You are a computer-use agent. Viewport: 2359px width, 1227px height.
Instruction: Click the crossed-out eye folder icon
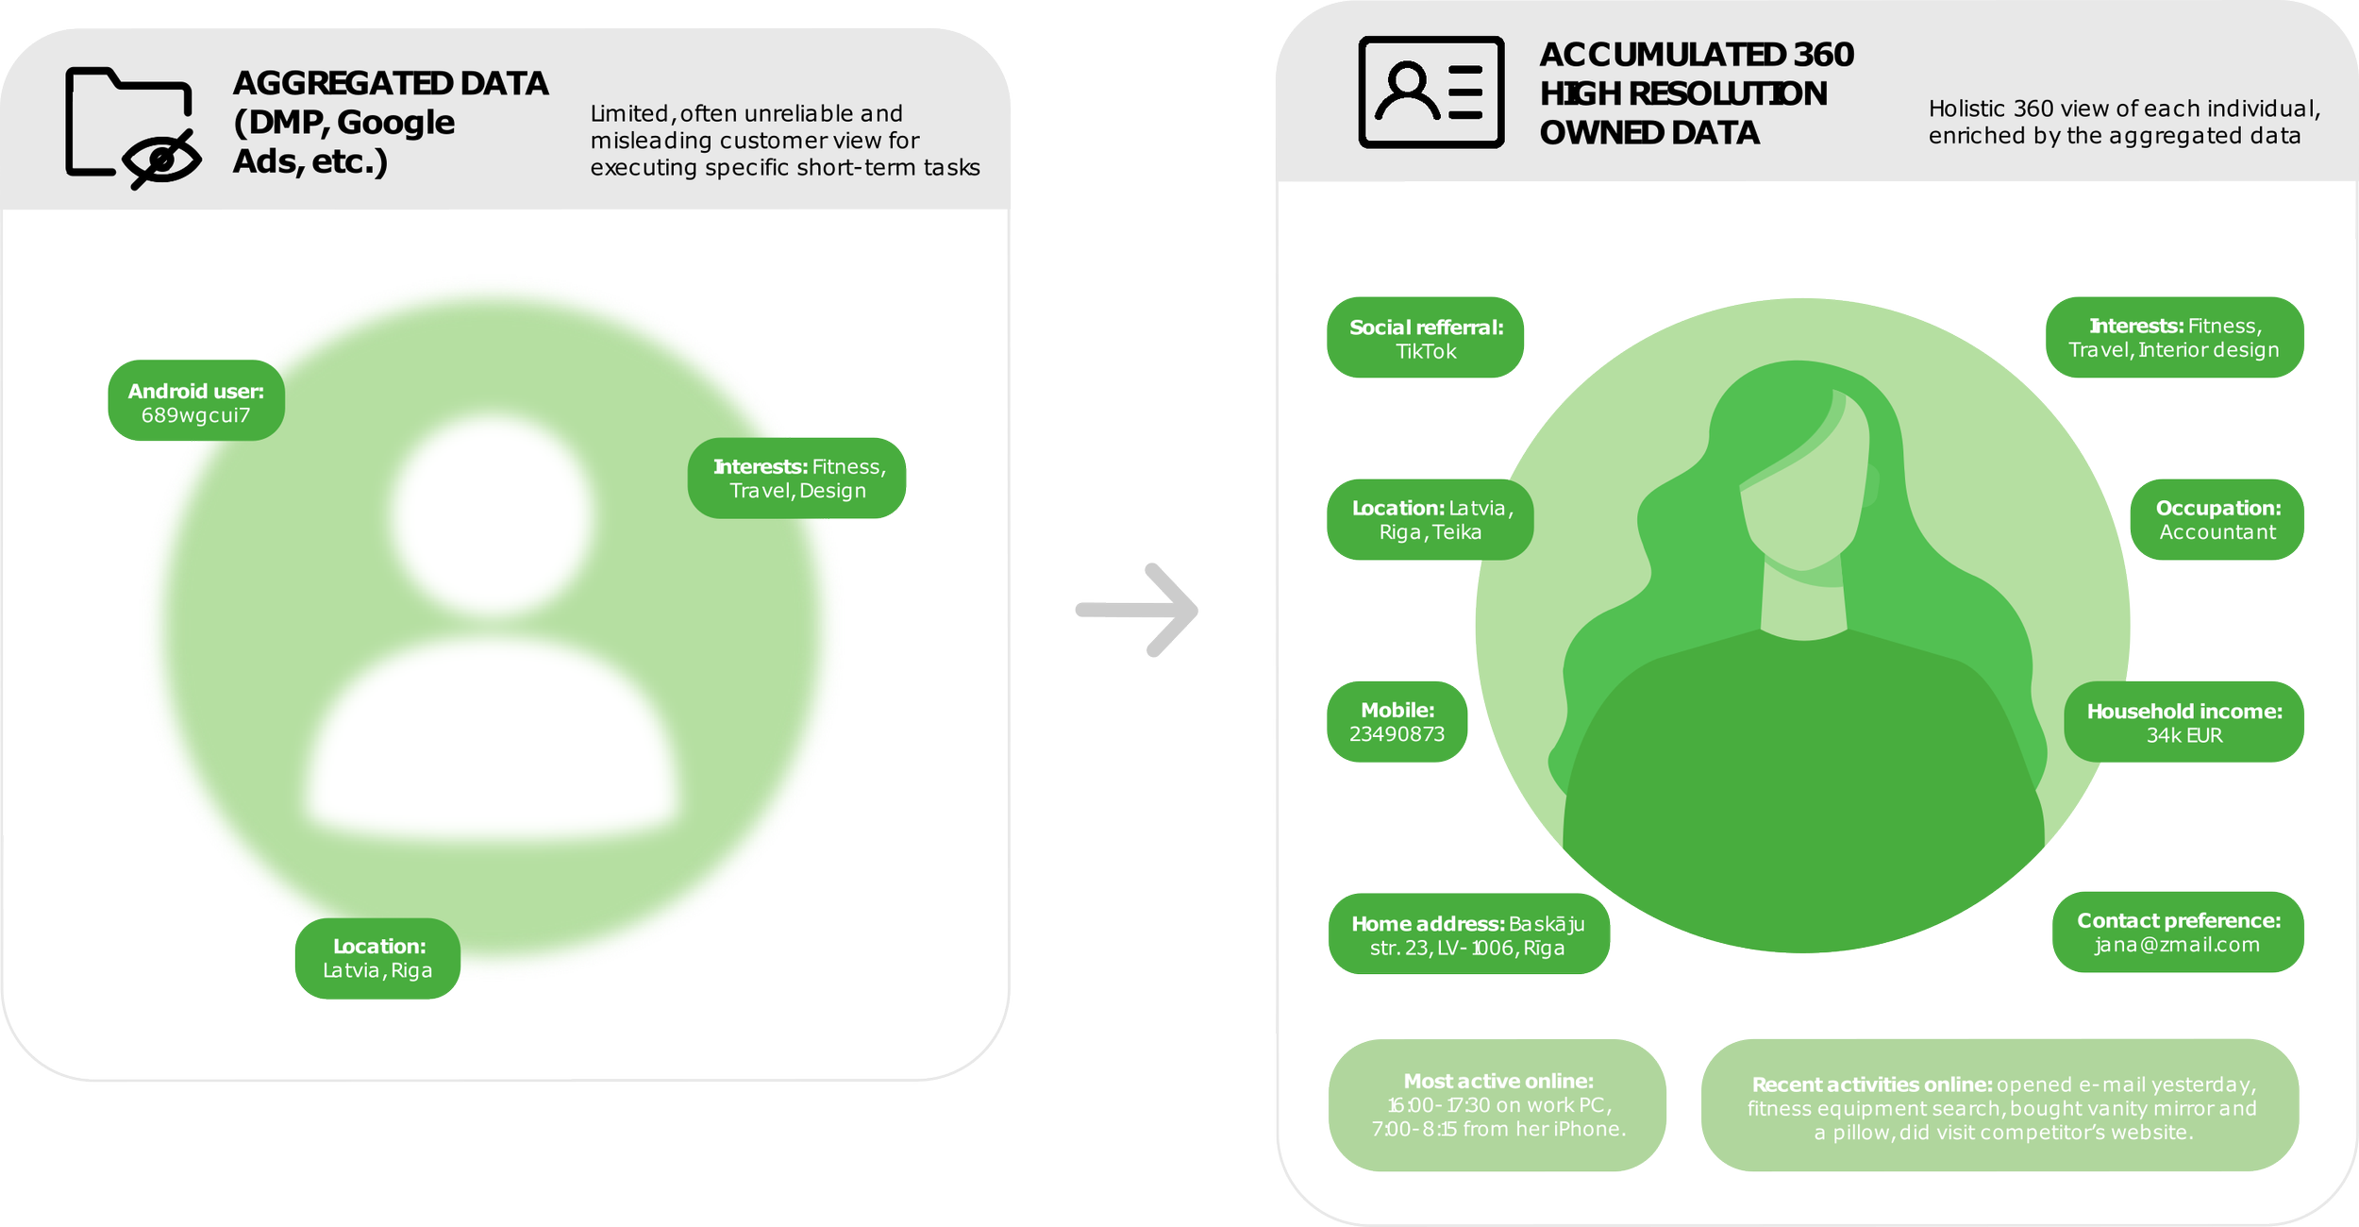pos(132,126)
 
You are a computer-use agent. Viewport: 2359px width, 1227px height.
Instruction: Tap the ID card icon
pos(1430,92)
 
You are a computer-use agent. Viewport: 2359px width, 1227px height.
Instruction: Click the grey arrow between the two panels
pos(1138,612)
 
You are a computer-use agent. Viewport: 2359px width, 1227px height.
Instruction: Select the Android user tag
pos(196,401)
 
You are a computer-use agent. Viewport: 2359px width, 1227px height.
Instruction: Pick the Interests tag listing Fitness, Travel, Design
pos(797,478)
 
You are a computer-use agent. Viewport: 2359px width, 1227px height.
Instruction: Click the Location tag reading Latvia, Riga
pos(377,958)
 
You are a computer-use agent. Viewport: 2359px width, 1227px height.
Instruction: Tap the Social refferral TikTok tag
pos(1426,339)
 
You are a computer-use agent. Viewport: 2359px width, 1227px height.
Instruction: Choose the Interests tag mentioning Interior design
pos(2174,338)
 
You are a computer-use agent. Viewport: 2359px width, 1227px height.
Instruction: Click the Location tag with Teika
pos(1430,520)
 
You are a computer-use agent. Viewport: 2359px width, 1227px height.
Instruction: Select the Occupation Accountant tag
pos(2217,520)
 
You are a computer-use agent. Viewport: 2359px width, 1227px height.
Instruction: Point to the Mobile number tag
pos(1397,722)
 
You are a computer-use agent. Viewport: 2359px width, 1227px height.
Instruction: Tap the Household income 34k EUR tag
pos(2183,723)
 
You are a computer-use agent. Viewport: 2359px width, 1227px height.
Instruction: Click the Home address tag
pos(1468,934)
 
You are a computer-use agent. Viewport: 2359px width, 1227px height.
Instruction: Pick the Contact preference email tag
pos(2178,933)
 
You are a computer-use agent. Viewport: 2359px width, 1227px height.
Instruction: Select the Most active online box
pos(1497,1104)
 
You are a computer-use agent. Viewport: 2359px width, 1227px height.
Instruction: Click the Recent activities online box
pos(2000,1106)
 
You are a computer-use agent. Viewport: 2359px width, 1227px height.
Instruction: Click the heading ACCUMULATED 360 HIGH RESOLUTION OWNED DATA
pos(1696,93)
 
